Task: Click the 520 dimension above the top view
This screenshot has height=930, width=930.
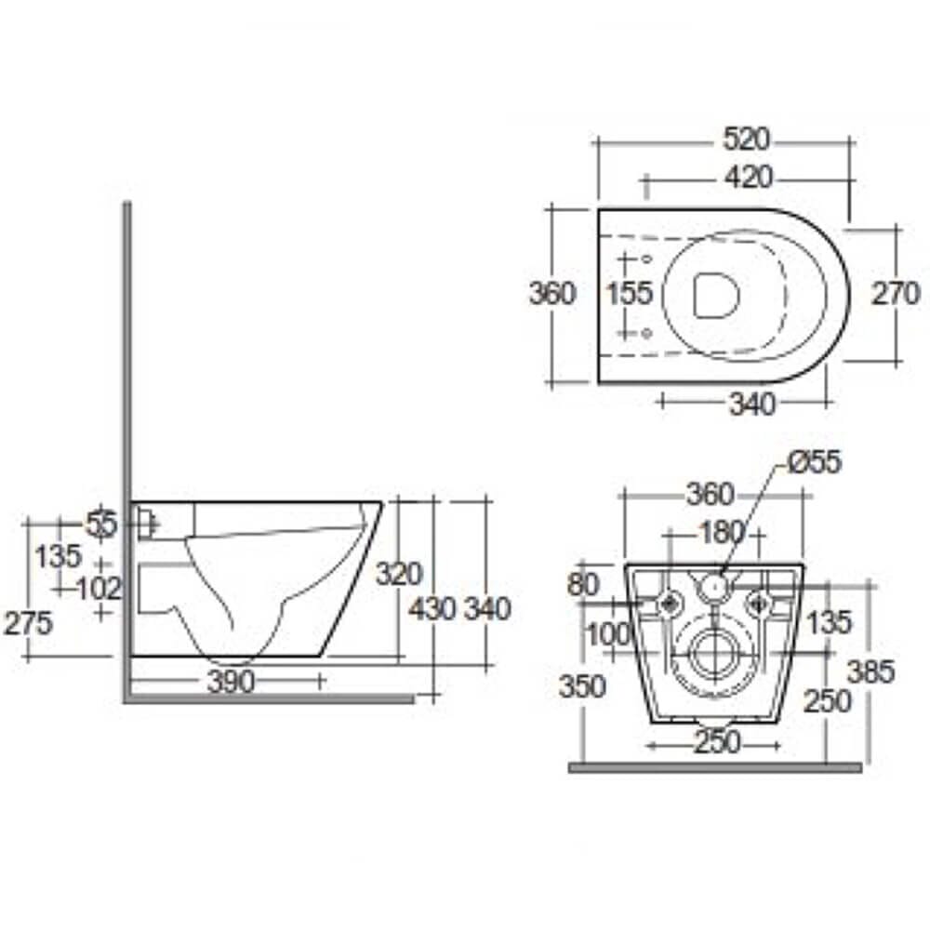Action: (746, 139)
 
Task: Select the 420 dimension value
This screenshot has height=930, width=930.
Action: (746, 176)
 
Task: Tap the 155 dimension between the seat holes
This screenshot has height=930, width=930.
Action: (630, 294)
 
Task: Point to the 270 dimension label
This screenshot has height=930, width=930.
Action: (896, 294)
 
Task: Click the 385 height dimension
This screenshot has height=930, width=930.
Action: (871, 671)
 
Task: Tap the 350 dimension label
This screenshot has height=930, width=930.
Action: (583, 686)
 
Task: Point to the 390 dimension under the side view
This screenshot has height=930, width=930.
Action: (230, 682)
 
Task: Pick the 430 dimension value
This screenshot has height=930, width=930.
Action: (432, 608)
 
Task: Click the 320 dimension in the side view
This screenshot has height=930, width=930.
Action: (399, 574)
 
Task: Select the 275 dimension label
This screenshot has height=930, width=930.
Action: (28, 623)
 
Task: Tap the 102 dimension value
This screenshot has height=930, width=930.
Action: (100, 588)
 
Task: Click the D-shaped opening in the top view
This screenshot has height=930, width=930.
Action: (715, 295)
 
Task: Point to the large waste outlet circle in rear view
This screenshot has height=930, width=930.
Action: (715, 655)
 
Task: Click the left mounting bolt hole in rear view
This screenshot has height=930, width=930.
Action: (669, 604)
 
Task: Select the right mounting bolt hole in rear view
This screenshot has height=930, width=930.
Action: (762, 604)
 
